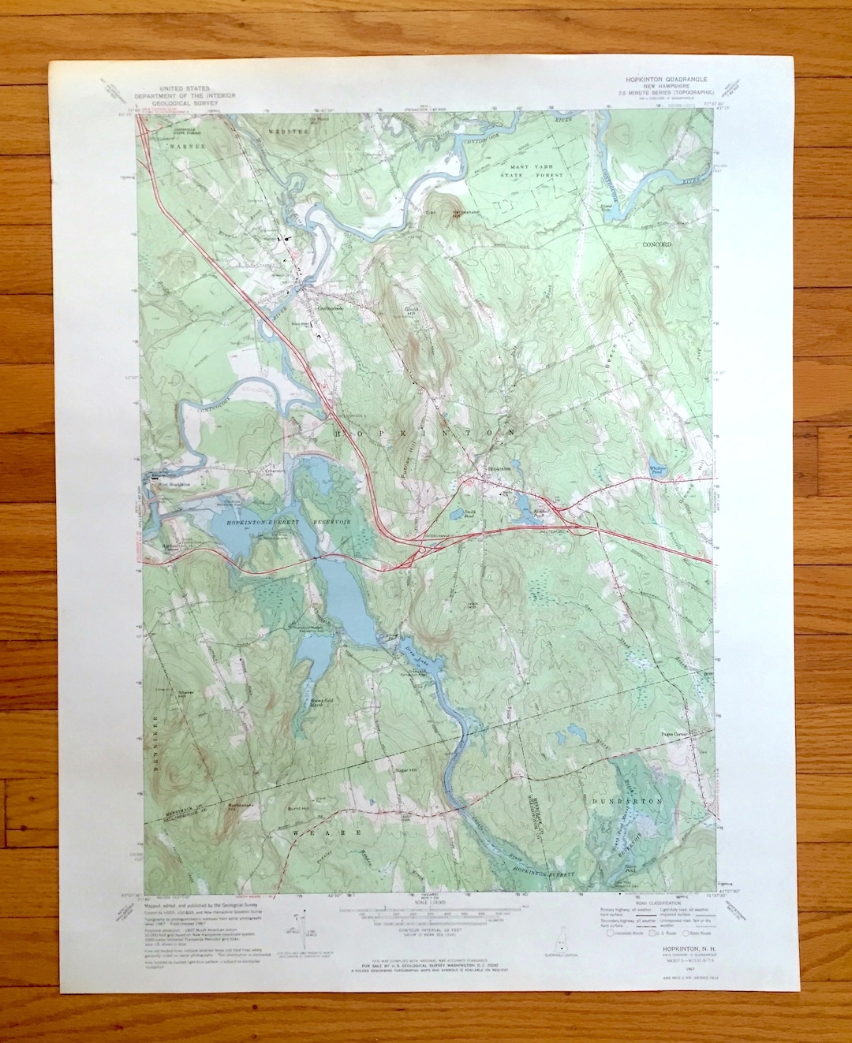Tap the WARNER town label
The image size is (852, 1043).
click(x=186, y=147)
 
